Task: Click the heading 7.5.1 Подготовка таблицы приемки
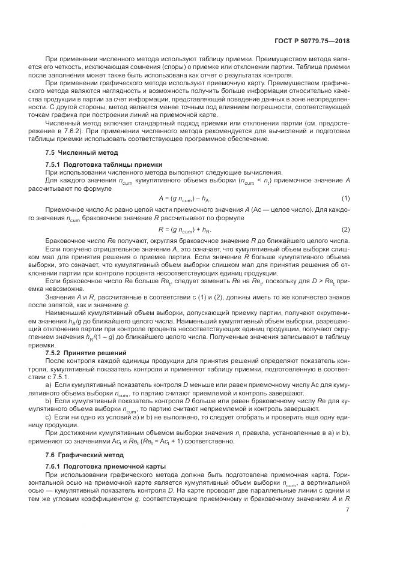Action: click(x=103, y=164)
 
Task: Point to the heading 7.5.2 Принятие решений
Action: click(x=86, y=352)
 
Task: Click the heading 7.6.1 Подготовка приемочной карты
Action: click(x=105, y=466)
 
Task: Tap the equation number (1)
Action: click(x=345, y=197)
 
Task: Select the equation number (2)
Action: click(x=345, y=229)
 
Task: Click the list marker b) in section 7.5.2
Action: click(x=49, y=398)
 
